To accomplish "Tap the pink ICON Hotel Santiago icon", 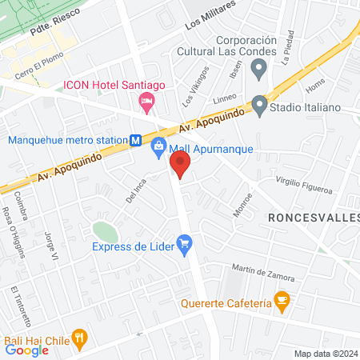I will [x=146, y=100].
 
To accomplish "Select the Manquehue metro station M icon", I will [x=136, y=140].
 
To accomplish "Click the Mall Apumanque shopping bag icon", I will [x=159, y=146].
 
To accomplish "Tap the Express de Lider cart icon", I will [x=185, y=243].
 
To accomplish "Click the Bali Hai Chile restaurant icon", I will [x=78, y=338].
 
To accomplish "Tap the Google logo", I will [x=26, y=350].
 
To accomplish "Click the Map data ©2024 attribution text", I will [x=325, y=354].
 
